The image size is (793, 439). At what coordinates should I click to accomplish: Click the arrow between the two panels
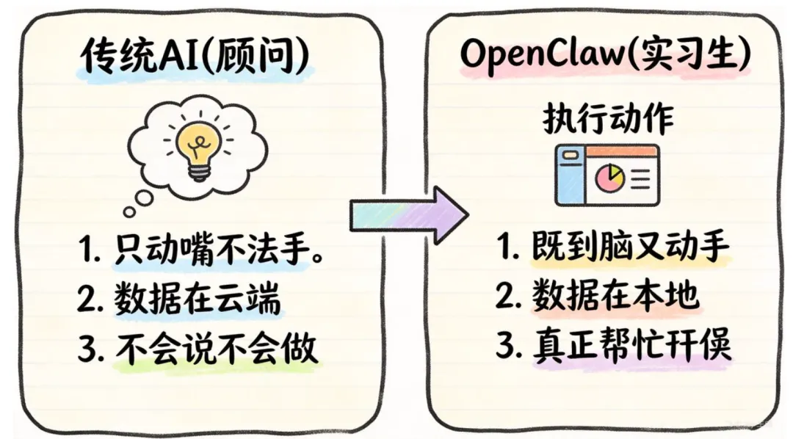tap(408, 214)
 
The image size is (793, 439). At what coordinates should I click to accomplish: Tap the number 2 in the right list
tap(507, 297)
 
